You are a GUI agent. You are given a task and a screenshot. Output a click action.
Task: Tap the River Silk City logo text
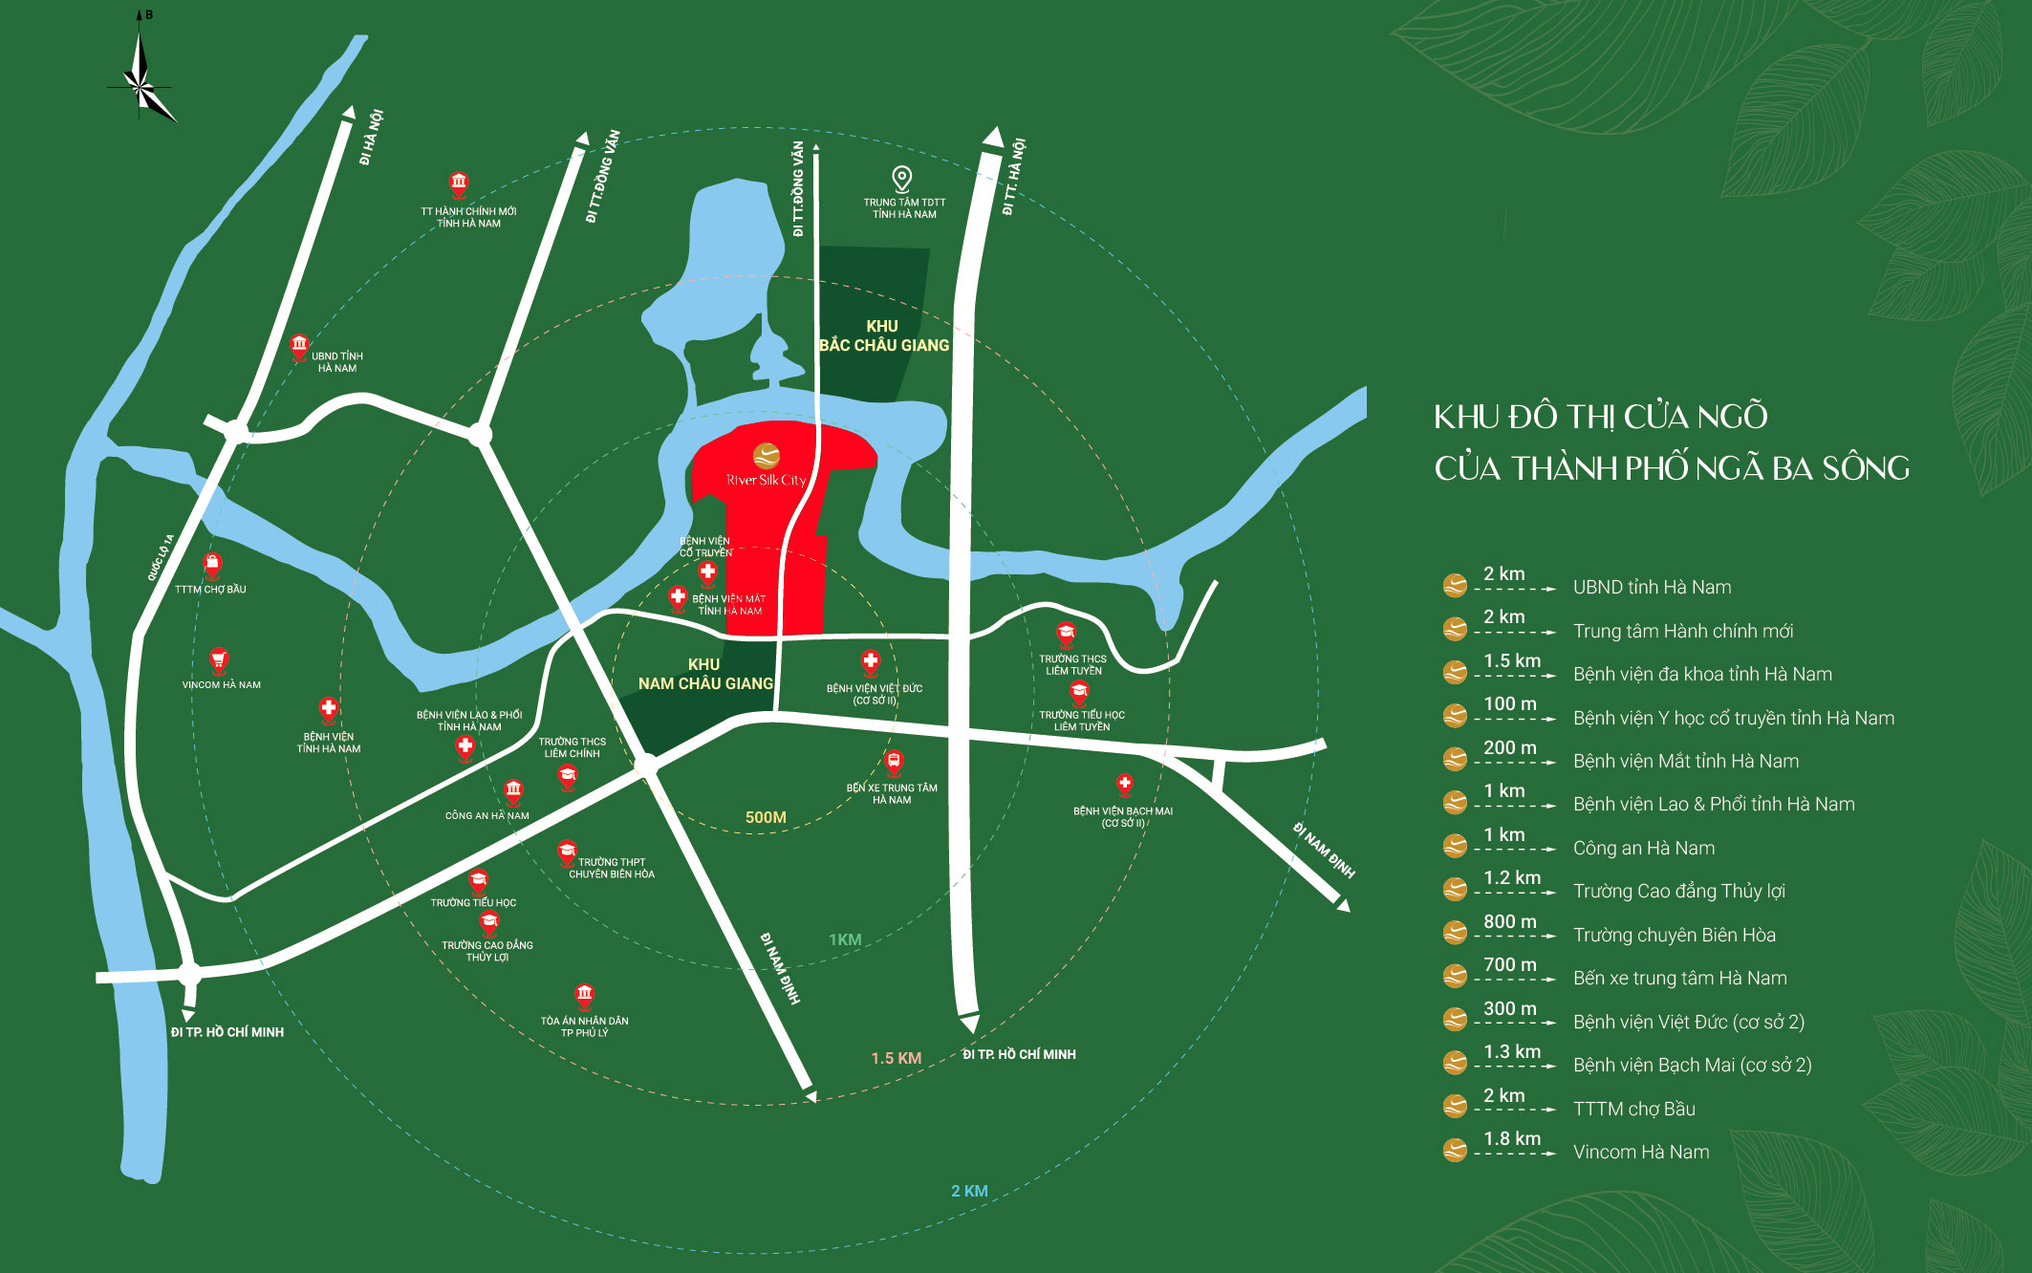(766, 480)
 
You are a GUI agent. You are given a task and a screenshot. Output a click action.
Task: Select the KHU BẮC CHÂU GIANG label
(883, 336)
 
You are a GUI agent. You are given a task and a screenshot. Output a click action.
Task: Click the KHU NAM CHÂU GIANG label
(705, 674)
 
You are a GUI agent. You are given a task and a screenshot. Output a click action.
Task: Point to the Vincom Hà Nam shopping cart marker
(219, 659)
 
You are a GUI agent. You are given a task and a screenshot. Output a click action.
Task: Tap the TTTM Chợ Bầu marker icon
(212, 565)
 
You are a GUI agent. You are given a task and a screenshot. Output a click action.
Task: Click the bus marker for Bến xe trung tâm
(894, 762)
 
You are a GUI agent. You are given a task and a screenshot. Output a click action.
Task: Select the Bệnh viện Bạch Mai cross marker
(1125, 785)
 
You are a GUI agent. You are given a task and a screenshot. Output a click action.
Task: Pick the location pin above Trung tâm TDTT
(901, 178)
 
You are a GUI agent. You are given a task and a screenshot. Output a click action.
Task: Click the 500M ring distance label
(766, 817)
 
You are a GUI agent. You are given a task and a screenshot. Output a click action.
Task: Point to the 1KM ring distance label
(845, 939)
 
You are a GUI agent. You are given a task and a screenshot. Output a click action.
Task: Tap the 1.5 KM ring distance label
(896, 1058)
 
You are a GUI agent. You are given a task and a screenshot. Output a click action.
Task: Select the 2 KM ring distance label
(969, 1191)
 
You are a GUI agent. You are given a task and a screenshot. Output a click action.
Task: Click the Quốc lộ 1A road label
(161, 557)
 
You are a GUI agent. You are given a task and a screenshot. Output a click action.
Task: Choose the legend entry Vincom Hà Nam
(1641, 1153)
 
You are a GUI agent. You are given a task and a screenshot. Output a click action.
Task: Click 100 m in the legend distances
(1509, 704)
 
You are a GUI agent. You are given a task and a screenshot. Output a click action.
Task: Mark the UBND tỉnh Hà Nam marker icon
(299, 344)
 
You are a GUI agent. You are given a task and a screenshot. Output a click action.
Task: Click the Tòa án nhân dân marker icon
(584, 995)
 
